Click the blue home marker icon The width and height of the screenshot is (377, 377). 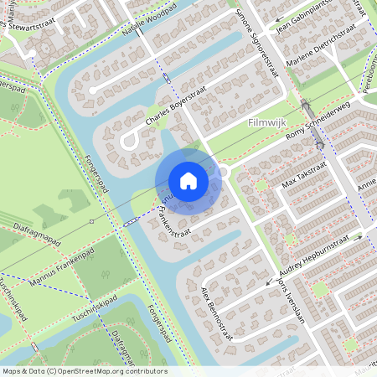[188, 180]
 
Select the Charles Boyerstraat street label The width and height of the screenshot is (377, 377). [175, 114]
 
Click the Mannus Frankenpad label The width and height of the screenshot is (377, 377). [64, 269]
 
